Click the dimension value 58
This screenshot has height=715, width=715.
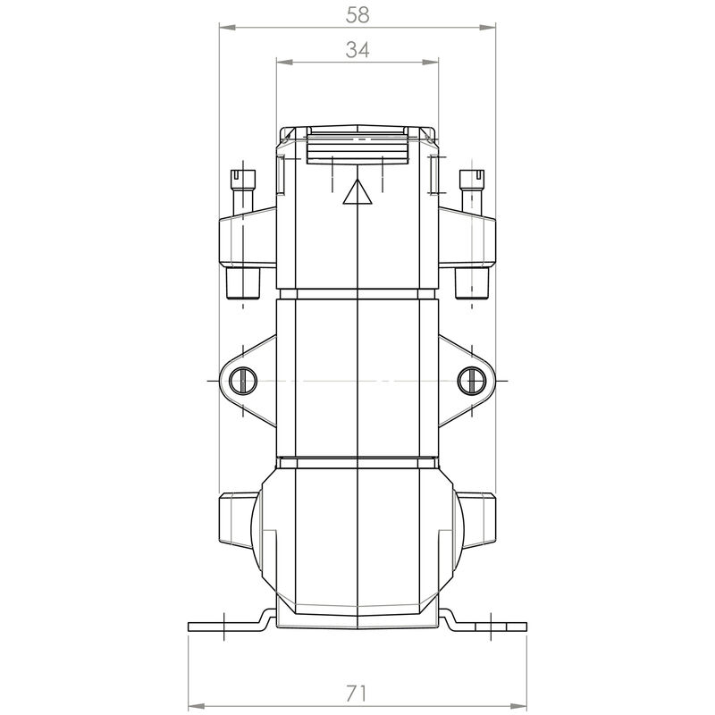[357, 14]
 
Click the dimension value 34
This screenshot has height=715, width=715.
[357, 51]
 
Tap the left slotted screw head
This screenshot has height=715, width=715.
[242, 381]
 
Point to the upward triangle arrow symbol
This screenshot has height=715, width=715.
[357, 192]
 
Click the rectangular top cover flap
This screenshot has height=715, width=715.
[357, 147]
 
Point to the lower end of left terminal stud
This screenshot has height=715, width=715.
[242, 284]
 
